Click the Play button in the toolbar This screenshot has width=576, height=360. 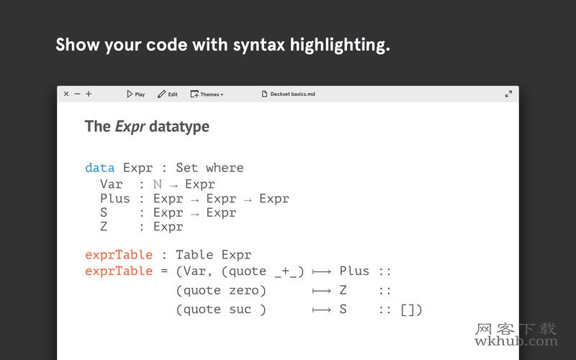[136, 94]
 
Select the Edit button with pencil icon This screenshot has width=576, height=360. [168, 94]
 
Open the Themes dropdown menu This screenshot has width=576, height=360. [207, 94]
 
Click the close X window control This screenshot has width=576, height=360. [66, 94]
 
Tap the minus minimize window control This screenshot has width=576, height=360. [77, 94]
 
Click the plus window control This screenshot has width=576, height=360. [89, 94]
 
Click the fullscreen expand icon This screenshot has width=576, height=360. [508, 94]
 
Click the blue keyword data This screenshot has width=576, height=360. [99, 168]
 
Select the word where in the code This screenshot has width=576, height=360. [225, 168]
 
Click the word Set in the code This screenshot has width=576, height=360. [187, 168]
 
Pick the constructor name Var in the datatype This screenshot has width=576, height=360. [112, 184]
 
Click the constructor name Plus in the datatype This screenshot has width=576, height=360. [115, 199]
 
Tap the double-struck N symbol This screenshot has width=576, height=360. [157, 184]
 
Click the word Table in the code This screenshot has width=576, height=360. [194, 255]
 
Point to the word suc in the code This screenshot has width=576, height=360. [240, 310]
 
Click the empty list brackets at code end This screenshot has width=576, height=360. [408, 310]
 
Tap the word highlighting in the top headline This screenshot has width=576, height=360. [340, 45]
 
